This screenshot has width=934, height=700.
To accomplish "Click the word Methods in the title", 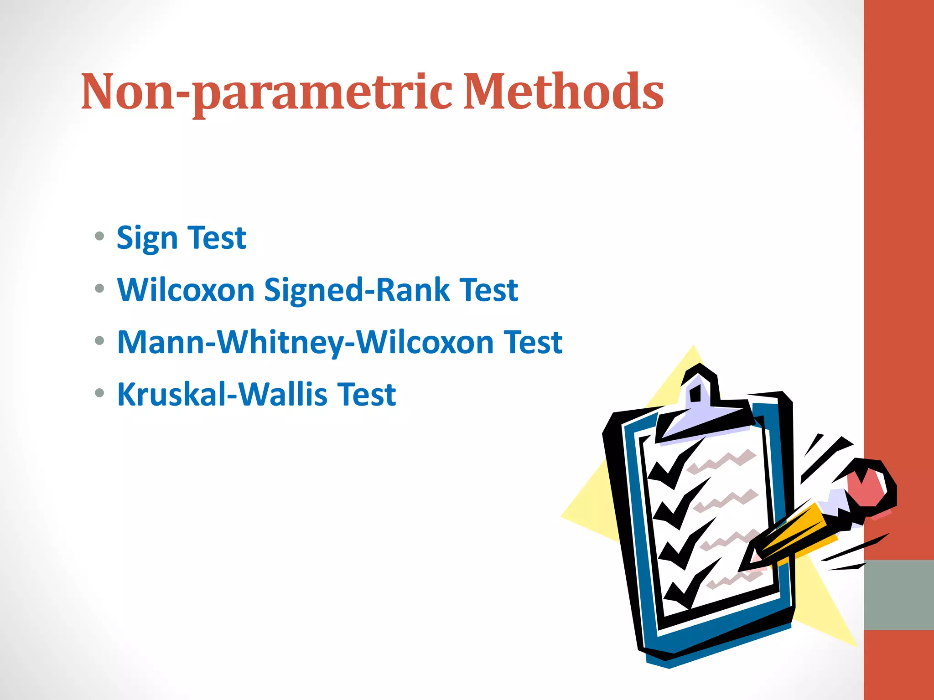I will pos(563,92).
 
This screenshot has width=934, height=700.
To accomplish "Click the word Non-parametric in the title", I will pos(266,92).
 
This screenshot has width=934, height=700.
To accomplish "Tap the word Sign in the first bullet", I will pos(147,238).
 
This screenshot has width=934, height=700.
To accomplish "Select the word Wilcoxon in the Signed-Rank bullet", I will pos(186,290).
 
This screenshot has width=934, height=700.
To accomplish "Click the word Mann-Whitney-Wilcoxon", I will pos(305,342).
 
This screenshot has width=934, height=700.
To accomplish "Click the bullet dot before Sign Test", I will pos(99,237).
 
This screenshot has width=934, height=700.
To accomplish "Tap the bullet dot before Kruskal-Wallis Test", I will pos(99,392).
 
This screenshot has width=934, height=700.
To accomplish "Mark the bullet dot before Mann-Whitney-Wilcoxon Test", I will pos(99,340).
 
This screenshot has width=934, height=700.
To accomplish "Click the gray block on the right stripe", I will pos(898,595).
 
